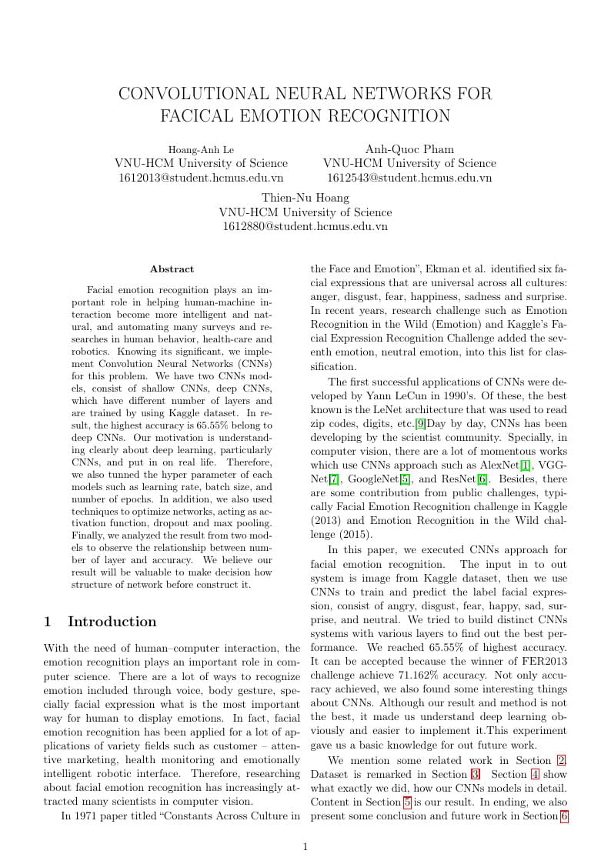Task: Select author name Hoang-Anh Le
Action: coord(201,149)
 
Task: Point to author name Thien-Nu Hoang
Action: coord(305,198)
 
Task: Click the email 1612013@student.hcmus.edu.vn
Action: coord(201,178)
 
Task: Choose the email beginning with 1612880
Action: coord(305,226)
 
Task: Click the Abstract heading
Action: coord(172,269)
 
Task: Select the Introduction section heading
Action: coord(112,622)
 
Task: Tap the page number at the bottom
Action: coord(305,847)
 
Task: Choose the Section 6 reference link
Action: coord(564,816)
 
